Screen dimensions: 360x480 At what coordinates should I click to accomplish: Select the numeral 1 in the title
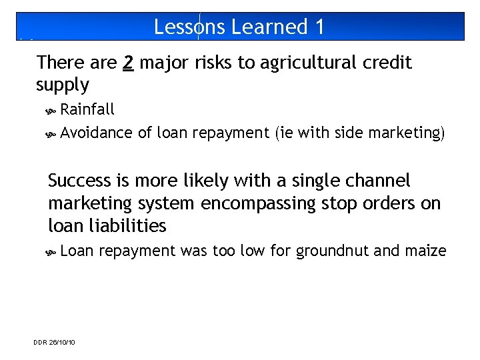tap(319, 27)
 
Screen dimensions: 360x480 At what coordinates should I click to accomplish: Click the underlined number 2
tap(129, 63)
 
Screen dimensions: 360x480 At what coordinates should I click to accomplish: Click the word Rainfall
tap(87, 109)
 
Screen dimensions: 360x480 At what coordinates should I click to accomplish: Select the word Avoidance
tap(96, 133)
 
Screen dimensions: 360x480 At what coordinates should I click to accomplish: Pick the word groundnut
tap(330, 251)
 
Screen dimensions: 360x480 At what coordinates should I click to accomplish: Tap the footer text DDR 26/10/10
tap(54, 342)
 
